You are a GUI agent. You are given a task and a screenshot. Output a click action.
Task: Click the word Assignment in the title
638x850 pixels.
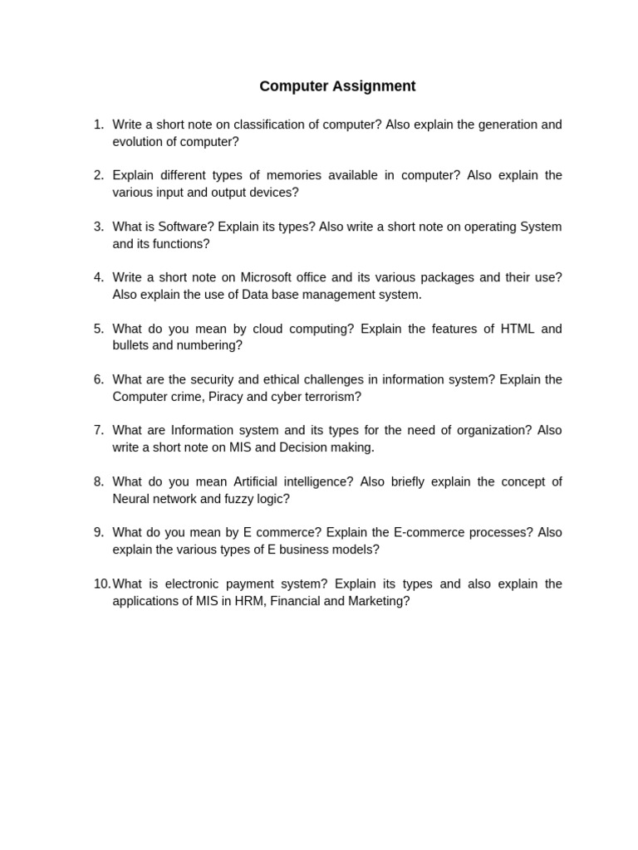[x=374, y=86]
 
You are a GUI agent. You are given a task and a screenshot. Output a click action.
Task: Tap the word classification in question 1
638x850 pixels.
[x=267, y=125]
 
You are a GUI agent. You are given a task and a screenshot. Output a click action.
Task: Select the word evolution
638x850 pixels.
[x=139, y=142]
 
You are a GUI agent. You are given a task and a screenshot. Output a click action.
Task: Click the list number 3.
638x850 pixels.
[x=98, y=227]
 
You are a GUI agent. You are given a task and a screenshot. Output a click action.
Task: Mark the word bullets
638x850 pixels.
[x=133, y=345]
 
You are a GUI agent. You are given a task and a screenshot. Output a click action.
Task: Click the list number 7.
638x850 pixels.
[x=98, y=430]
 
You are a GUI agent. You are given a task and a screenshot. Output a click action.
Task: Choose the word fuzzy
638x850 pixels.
[x=241, y=499]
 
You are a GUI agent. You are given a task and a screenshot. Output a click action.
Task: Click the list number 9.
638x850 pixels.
[x=98, y=532]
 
